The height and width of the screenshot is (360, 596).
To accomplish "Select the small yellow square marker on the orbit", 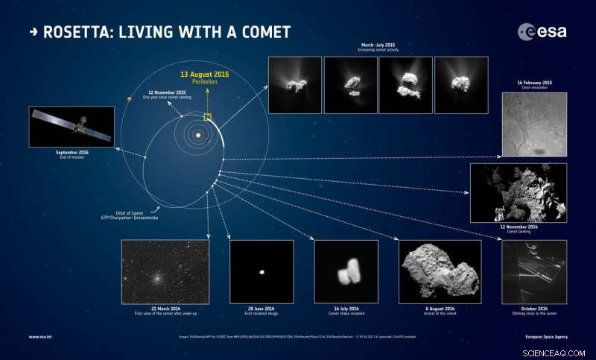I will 207,117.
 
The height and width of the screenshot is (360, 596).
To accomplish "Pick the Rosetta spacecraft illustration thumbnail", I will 72,127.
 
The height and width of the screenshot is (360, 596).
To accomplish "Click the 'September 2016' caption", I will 72,152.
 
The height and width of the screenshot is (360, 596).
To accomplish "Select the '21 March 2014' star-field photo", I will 165,272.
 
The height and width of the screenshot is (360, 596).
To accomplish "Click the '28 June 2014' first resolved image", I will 261,272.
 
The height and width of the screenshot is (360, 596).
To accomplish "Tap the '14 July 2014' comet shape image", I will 346,272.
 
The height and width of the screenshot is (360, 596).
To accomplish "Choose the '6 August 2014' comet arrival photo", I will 440,272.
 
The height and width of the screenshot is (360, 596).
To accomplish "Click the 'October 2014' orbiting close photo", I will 534,272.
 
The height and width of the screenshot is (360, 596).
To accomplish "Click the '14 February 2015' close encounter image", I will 534,124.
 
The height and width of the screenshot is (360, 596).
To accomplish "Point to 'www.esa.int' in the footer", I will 39,337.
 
